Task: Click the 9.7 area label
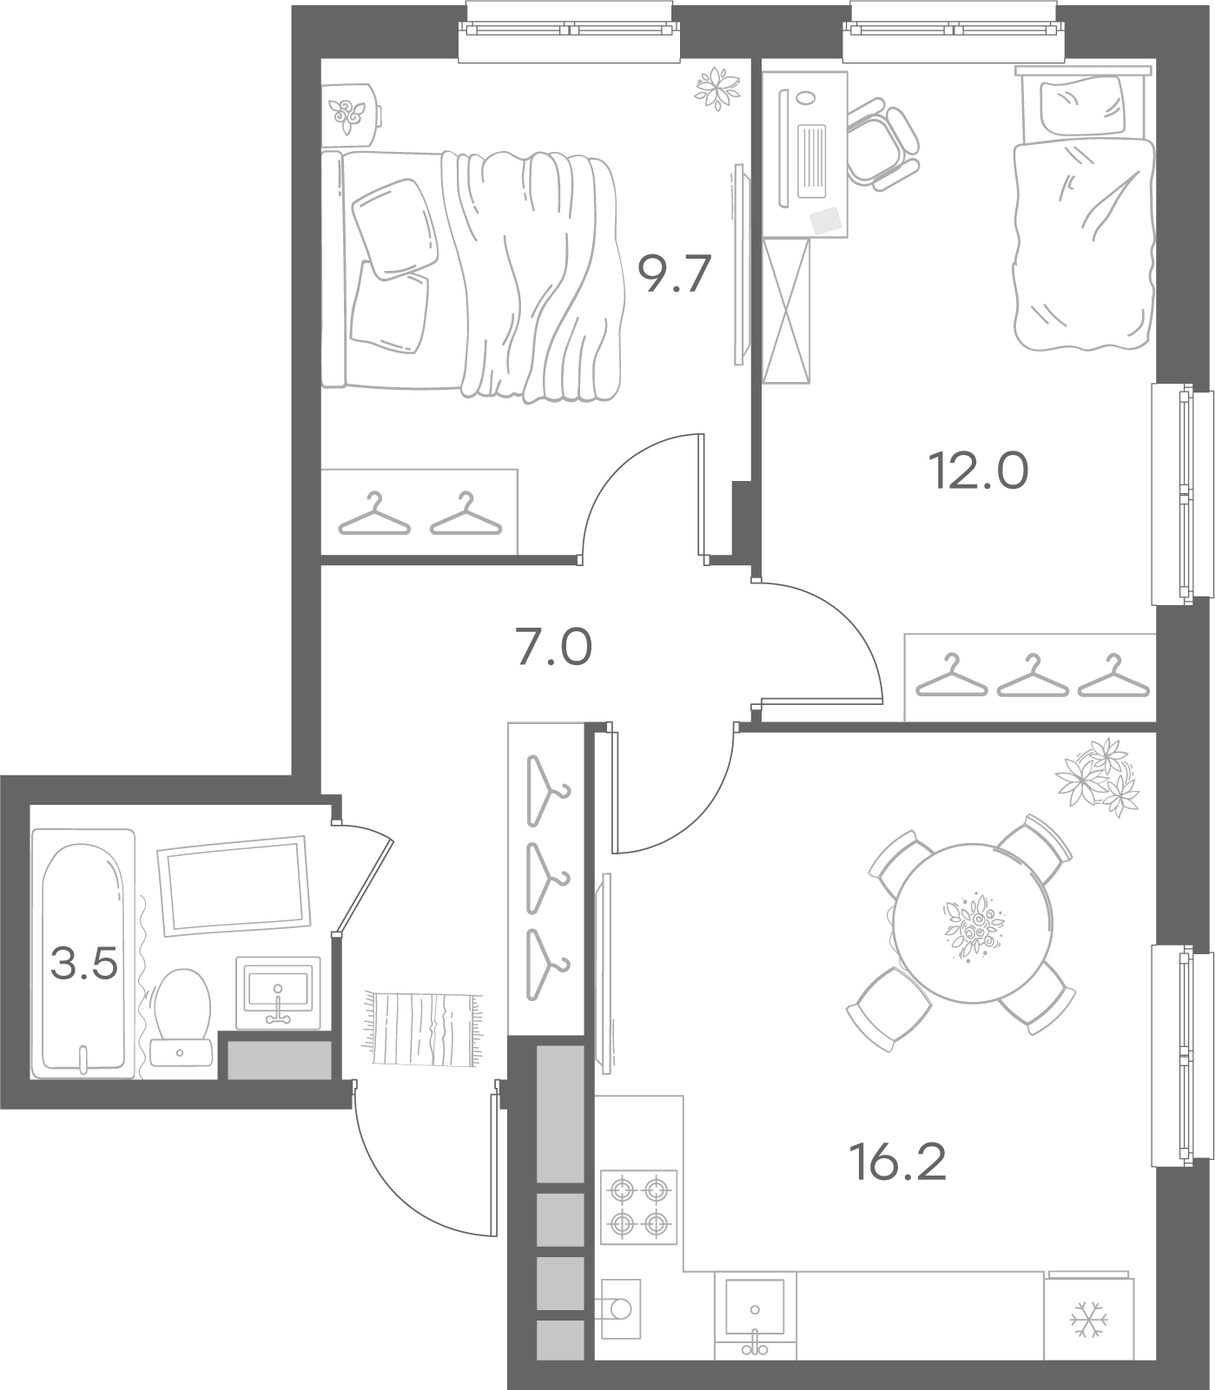[675, 274]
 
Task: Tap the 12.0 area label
[979, 471]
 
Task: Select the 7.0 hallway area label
[554, 648]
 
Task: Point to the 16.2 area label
[899, 1161]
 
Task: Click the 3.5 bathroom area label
[84, 963]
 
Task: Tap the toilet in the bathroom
[181, 1017]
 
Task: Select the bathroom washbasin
[278, 992]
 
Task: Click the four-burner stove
[638, 1207]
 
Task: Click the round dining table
[973, 923]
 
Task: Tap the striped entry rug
[423, 1028]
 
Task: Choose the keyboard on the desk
[814, 160]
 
